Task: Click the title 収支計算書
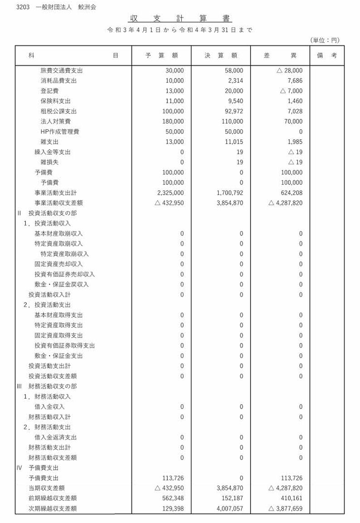point(180,19)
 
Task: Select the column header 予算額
point(161,55)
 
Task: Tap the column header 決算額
point(221,55)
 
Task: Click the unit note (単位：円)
point(325,40)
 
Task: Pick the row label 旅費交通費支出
point(62,70)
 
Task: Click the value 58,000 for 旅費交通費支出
point(234,70)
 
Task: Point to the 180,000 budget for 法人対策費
point(173,122)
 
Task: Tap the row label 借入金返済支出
point(56,437)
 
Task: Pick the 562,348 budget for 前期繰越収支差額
point(173,499)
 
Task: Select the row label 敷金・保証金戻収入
point(62,284)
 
